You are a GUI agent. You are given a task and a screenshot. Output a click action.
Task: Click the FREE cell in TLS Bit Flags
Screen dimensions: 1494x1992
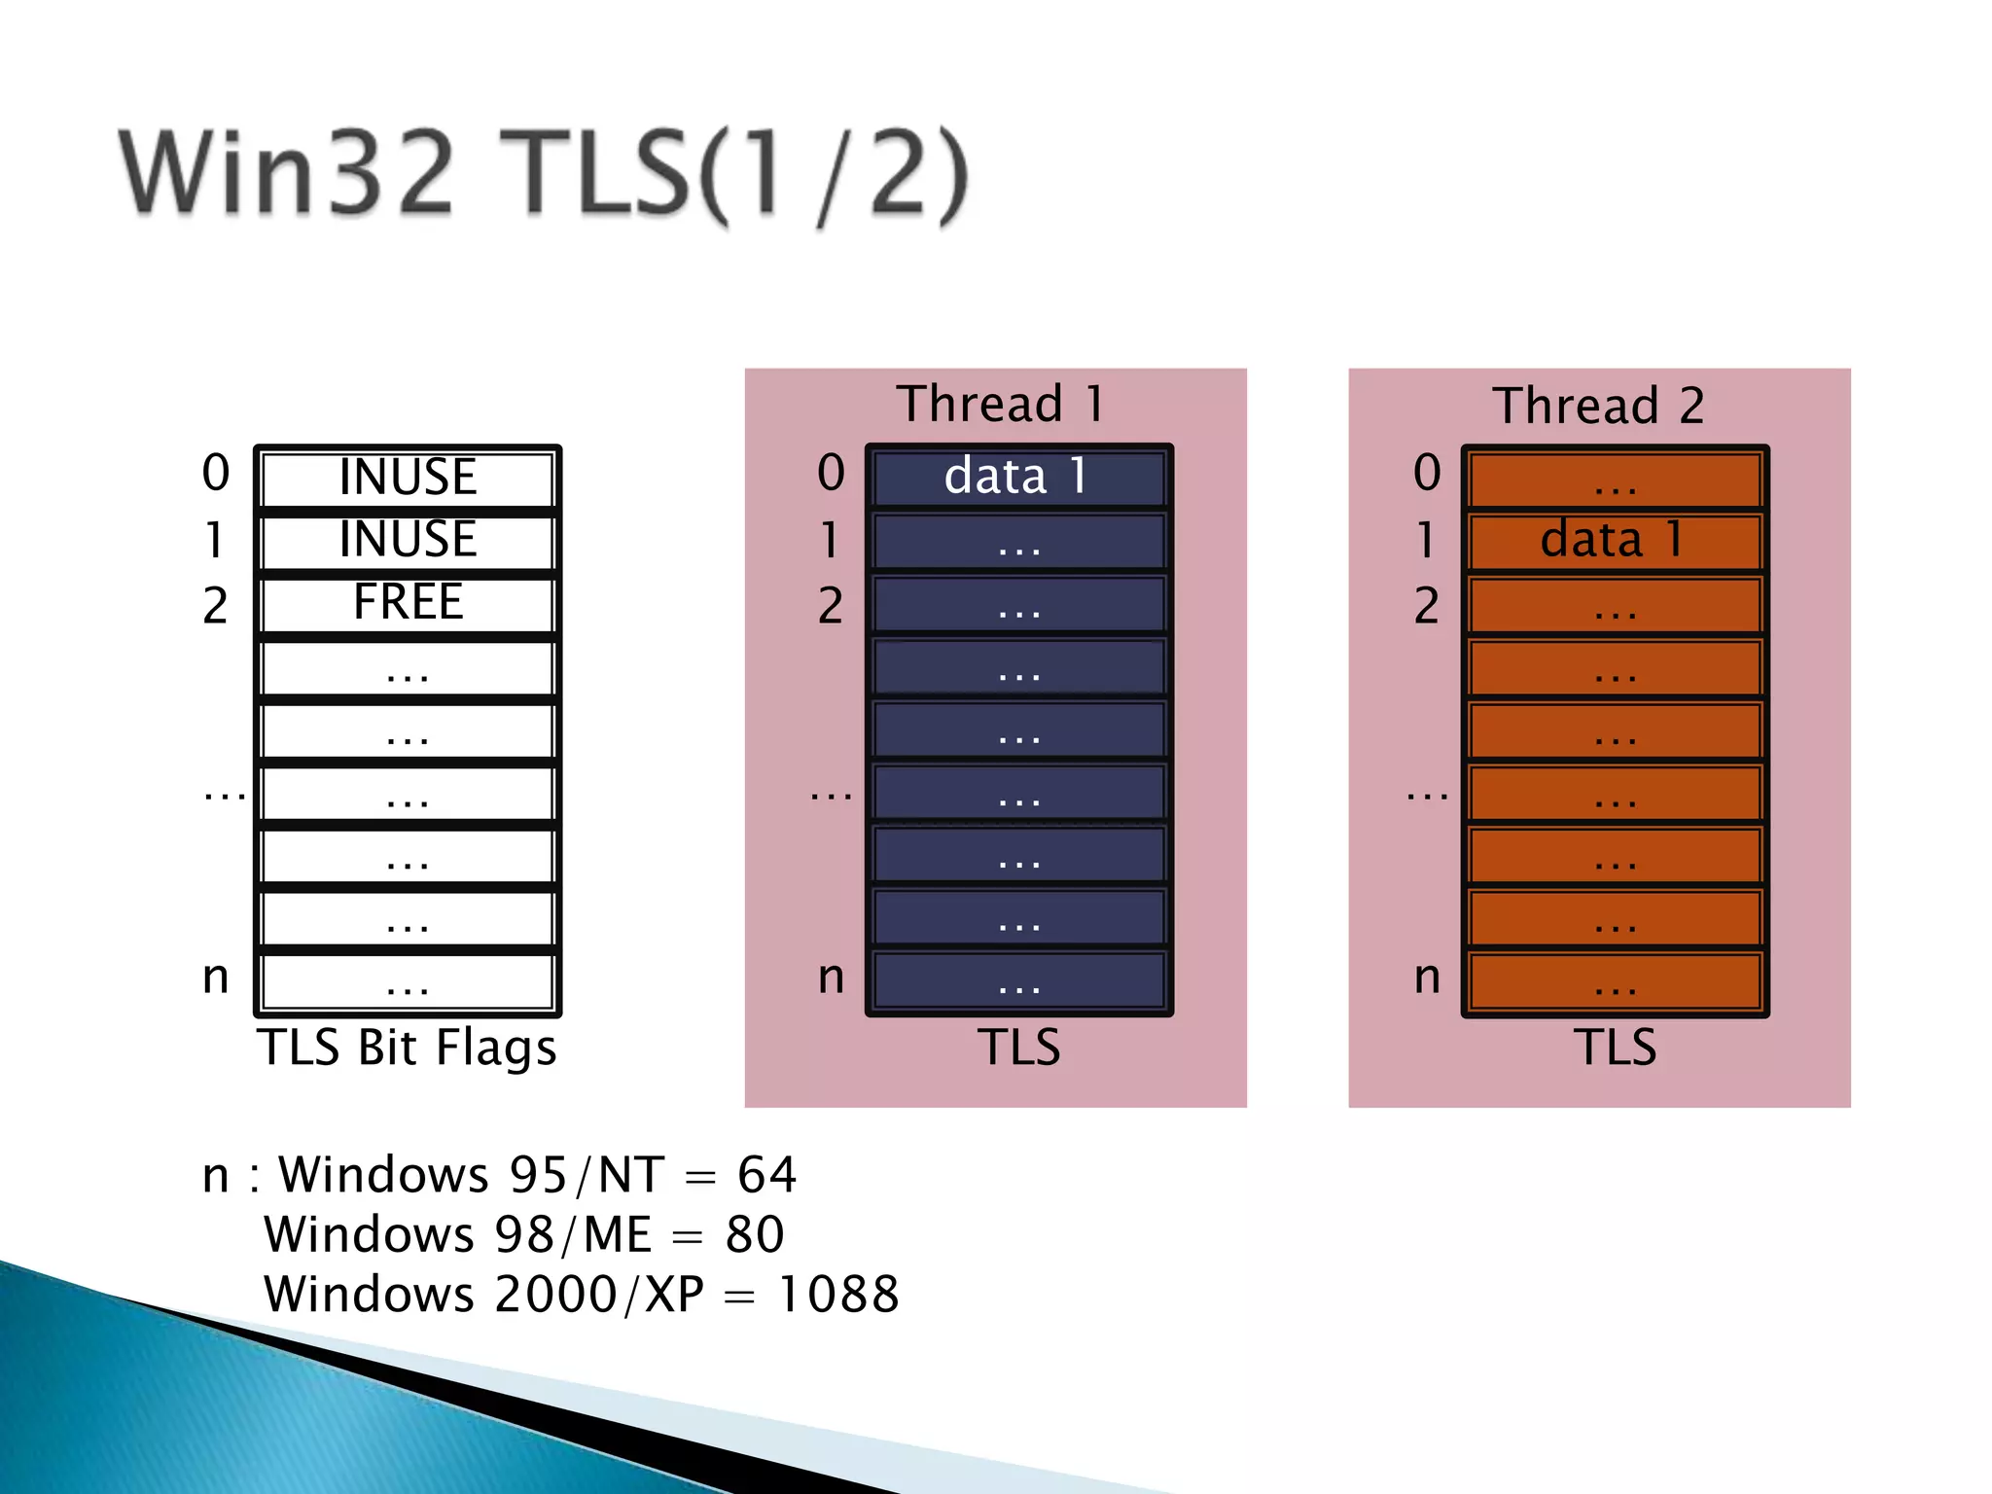408,603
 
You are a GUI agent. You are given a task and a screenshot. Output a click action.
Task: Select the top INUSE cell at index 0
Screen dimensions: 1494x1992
408,478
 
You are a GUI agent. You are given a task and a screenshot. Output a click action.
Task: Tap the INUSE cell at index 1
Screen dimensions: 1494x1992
408,540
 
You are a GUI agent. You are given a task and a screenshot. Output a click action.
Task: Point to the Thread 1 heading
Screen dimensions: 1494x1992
1000,404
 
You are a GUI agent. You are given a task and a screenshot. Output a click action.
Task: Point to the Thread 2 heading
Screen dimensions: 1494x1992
1598,406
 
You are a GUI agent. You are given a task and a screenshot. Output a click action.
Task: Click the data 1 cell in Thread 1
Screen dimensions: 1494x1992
1017,477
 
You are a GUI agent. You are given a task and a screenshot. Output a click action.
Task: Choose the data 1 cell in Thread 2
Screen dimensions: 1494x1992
1614,540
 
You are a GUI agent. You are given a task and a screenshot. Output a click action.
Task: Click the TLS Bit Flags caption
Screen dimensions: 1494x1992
407,1048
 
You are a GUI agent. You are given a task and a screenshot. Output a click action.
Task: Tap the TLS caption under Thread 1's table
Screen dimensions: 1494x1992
1018,1048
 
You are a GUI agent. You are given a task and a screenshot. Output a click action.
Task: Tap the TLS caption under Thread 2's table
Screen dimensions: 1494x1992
1615,1048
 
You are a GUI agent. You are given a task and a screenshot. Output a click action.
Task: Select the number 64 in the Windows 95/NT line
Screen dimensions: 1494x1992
766,1175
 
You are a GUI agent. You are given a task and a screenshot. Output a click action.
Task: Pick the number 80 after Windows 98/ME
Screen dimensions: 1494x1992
754,1235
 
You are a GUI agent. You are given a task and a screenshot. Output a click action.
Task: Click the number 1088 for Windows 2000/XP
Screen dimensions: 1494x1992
838,1295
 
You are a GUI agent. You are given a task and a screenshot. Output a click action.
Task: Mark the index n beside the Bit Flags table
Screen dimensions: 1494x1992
216,978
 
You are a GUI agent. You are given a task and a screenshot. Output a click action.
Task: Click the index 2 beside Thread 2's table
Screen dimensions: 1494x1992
1426,606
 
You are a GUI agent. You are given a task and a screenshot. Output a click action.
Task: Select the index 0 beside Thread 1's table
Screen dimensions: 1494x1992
831,473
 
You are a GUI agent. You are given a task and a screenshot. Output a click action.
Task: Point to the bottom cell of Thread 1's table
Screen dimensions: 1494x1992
1018,982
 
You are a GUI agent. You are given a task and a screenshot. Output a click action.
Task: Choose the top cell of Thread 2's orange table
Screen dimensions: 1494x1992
1615,479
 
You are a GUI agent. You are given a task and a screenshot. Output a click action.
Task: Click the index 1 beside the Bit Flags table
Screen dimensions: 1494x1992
214,540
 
